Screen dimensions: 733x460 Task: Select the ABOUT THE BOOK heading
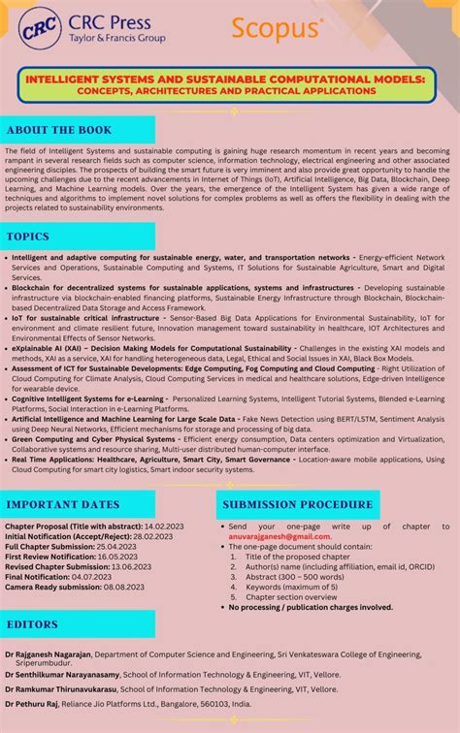[59, 130]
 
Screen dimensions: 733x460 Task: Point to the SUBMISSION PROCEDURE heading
[297, 504]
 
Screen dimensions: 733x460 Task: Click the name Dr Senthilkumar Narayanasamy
[60, 672]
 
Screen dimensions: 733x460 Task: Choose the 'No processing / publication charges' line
[311, 607]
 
